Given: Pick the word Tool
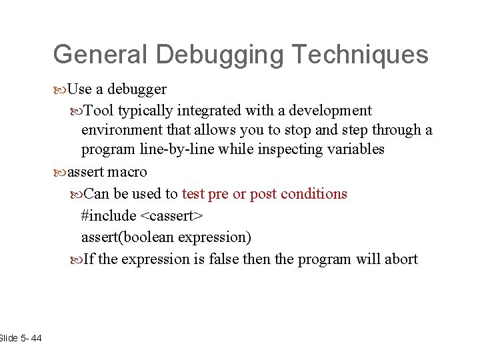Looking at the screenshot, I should pyautogui.click(x=99, y=109).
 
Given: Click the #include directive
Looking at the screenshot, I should pyautogui.click(x=108, y=216).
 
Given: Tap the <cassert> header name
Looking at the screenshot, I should pyautogui.click(x=171, y=216).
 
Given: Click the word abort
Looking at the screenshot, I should pyautogui.click(x=400, y=259).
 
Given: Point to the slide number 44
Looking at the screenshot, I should pyautogui.click(x=36, y=339).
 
